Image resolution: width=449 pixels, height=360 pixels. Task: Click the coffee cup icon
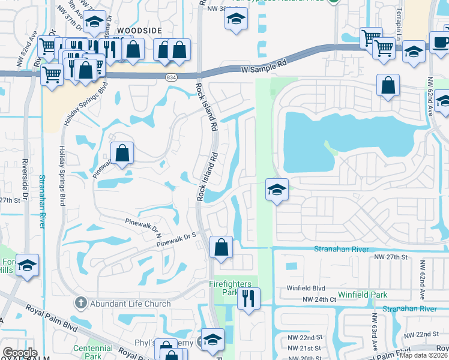click(x=441, y=42)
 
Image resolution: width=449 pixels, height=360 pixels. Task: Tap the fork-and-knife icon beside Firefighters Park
click(x=249, y=297)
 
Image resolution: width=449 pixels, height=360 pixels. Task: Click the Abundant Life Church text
click(x=131, y=304)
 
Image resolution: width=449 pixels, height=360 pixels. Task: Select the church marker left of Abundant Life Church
click(x=81, y=304)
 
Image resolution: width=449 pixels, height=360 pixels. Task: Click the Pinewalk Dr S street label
click(x=176, y=241)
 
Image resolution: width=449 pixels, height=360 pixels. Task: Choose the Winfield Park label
click(x=362, y=295)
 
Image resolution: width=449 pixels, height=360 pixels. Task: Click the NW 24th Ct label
click(x=319, y=299)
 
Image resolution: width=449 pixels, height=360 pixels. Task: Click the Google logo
click(x=20, y=352)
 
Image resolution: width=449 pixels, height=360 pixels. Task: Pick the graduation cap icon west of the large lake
click(x=277, y=190)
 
